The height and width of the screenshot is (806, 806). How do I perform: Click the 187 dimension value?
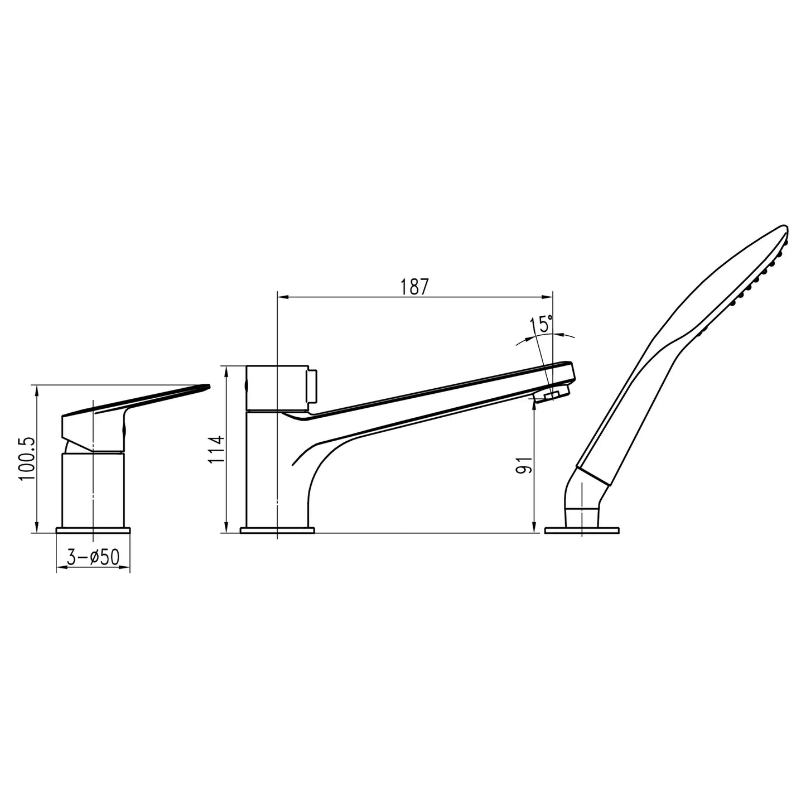(414, 287)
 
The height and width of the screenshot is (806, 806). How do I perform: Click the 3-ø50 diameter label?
(93, 557)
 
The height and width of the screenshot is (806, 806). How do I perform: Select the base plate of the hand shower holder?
(582, 529)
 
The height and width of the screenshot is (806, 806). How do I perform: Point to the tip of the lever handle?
(206, 385)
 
